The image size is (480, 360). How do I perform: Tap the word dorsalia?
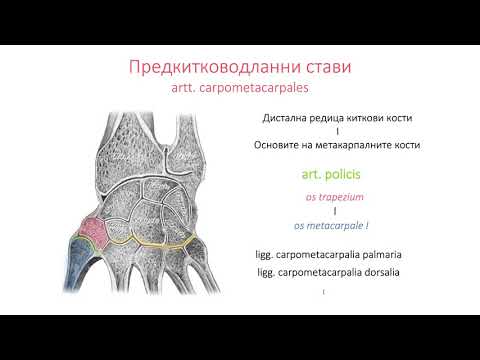tap(377, 273)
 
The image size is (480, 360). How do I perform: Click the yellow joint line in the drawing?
tap(150, 242)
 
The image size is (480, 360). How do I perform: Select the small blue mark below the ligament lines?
tap(324, 292)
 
